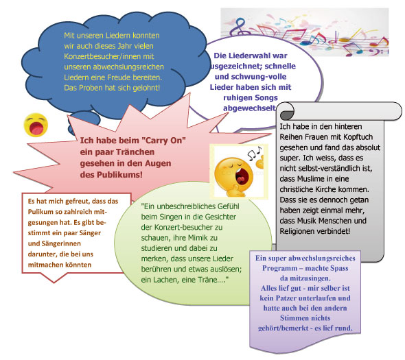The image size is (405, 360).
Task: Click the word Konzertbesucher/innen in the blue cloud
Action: click(x=109, y=56)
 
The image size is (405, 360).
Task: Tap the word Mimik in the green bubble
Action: click(x=199, y=238)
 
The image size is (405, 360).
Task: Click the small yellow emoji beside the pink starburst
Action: click(x=36, y=125)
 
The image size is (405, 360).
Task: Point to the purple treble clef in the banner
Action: click(x=240, y=27)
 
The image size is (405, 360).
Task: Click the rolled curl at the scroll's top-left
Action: click(x=286, y=112)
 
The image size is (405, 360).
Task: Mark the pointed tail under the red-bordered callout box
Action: click(x=54, y=278)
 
